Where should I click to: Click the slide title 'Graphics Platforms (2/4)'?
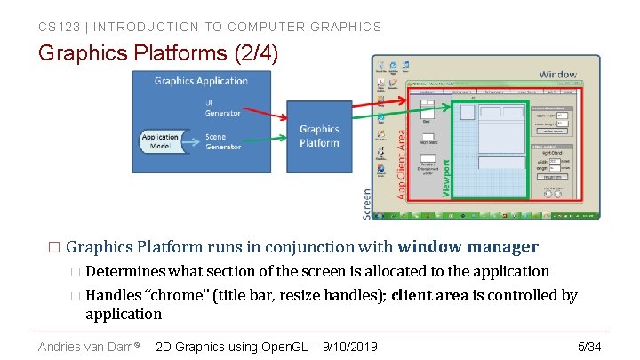[158, 53]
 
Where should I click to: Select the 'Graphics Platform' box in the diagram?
[319, 136]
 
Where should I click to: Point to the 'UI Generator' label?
[222, 108]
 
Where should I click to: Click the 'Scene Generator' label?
[222, 141]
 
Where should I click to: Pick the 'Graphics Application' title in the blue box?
[201, 81]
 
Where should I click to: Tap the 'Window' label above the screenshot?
[557, 75]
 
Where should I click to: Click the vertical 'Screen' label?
[368, 204]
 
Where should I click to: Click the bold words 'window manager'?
[468, 247]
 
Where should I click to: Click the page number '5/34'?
[589, 346]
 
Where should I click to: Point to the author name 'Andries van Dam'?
[85, 346]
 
